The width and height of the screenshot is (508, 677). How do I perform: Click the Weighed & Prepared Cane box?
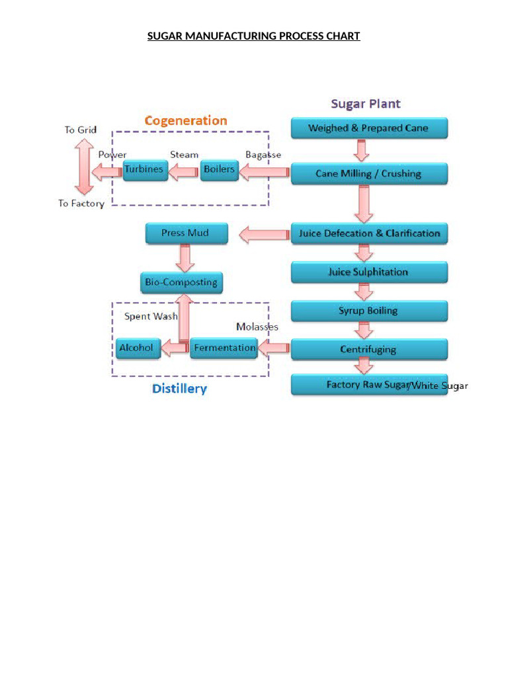coord(369,128)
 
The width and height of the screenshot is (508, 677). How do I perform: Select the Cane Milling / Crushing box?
coord(369,174)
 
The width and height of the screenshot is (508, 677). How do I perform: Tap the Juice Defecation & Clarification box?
coord(369,233)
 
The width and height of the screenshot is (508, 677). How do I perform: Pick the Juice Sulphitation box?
coord(369,272)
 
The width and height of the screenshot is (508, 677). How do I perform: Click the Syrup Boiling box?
coord(369,311)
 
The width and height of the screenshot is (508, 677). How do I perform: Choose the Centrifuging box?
coord(369,349)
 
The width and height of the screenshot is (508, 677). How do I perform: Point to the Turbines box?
coord(144,170)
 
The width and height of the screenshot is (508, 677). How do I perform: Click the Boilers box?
coord(219,170)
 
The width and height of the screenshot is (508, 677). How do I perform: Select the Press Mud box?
coord(186,233)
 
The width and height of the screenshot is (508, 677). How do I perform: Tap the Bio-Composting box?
coord(181,282)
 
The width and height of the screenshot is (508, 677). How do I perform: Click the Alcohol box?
coord(138,348)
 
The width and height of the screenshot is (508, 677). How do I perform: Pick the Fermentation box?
coord(224,348)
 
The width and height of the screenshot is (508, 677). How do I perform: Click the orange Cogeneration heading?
coord(186,120)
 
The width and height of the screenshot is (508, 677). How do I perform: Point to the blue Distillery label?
coord(179,389)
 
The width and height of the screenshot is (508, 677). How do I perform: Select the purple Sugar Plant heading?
coord(366,104)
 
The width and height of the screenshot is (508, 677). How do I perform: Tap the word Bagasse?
coord(263,155)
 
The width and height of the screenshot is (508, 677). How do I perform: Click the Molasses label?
coord(257,327)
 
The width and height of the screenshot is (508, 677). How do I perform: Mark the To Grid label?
coord(81,130)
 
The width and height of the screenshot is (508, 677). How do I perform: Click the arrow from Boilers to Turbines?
coord(183,173)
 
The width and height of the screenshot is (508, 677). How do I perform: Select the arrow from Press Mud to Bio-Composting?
coord(186,257)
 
